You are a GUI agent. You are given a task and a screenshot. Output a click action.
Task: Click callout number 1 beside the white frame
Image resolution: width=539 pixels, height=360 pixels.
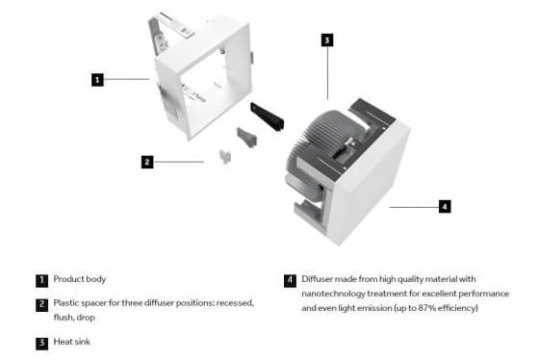[x=97, y=80]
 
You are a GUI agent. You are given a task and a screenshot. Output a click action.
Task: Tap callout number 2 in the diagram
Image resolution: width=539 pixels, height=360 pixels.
[x=147, y=162]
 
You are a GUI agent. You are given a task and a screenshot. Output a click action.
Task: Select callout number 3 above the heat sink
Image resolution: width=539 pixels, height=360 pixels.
[x=327, y=39]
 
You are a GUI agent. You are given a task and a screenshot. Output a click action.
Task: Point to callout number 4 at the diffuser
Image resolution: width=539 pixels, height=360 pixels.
[x=445, y=207]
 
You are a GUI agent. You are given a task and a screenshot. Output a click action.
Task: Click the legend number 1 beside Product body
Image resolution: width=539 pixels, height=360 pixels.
[x=41, y=280]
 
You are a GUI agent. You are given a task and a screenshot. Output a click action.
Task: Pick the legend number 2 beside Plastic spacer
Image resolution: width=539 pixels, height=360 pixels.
[x=41, y=305]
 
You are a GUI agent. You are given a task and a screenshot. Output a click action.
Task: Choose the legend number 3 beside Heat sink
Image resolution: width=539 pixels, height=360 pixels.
[x=41, y=343]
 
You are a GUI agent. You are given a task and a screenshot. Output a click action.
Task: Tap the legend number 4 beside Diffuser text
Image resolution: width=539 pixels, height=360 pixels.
[x=290, y=280]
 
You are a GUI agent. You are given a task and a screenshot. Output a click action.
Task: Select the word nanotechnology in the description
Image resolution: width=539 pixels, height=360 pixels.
[x=333, y=294]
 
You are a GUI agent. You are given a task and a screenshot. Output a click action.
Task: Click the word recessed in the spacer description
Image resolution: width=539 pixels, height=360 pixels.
[x=236, y=303]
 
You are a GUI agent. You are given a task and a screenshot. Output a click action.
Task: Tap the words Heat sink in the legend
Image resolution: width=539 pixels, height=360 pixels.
[x=72, y=342]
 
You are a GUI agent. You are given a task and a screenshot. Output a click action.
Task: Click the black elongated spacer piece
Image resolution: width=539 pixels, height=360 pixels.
[x=268, y=116]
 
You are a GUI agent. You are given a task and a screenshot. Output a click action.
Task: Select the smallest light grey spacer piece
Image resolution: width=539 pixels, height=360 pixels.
[x=225, y=157]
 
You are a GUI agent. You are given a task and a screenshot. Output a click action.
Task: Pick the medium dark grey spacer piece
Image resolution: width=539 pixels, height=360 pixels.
[x=246, y=138]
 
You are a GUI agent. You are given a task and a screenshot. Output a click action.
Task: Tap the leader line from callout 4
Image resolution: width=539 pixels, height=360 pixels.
[x=414, y=207]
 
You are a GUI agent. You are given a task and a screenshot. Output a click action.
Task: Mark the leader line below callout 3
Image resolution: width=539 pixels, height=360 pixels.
[x=327, y=73]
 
